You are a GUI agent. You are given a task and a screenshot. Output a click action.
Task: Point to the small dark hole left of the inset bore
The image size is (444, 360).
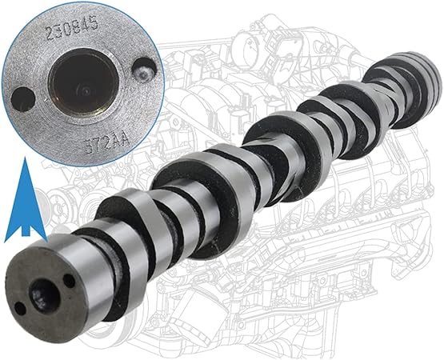pyautogui.click(x=24, y=101)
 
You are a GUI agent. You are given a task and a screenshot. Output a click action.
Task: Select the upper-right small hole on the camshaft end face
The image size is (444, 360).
pyautogui.click(x=67, y=282)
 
